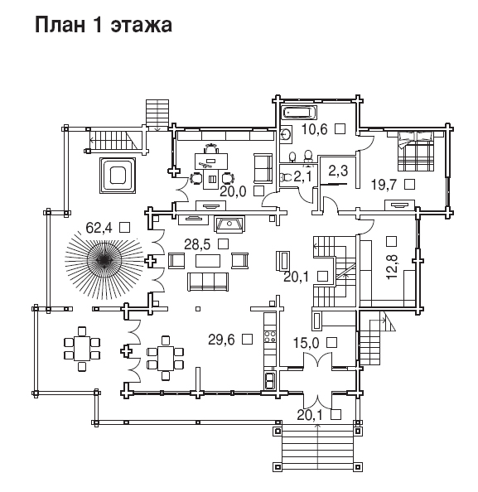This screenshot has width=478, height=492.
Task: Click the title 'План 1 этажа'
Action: click(104, 25)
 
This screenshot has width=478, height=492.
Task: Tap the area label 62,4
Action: click(99, 228)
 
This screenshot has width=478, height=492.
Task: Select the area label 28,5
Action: click(197, 244)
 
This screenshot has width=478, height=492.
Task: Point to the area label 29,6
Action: click(221, 340)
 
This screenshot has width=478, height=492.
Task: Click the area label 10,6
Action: click(315, 129)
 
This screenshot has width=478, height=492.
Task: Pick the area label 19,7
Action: click(384, 185)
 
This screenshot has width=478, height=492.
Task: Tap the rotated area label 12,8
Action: click(392, 267)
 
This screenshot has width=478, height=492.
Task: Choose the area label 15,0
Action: click(306, 343)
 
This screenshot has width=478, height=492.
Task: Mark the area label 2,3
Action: click(338, 171)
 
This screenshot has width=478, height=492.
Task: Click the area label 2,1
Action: click(302, 177)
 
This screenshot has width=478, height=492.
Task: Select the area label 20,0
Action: click(233, 191)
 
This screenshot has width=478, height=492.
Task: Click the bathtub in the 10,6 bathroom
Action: click(300, 113)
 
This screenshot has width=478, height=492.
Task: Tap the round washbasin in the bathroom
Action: click(287, 135)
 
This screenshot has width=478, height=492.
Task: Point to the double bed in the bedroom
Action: click(416, 152)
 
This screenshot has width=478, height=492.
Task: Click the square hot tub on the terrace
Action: click(118, 176)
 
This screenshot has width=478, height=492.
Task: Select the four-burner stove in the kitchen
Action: click(270, 336)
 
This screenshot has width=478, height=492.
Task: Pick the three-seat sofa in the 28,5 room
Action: click(208, 282)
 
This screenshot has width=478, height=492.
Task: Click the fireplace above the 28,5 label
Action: click(229, 224)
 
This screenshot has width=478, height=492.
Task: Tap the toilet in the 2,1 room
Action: click(285, 177)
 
